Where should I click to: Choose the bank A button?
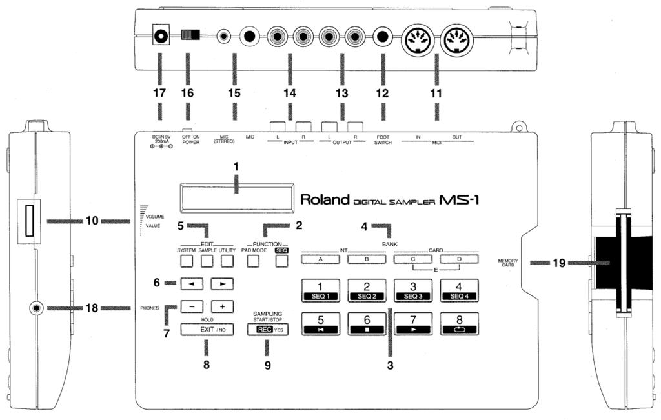(x=320, y=260)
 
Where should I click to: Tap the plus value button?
(x=221, y=306)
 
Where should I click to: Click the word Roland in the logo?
(x=325, y=199)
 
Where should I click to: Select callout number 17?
(x=159, y=94)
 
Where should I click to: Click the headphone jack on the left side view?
(x=36, y=308)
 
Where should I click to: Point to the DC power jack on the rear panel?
(x=159, y=34)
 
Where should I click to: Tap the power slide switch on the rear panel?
(x=191, y=34)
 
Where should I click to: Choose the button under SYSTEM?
(x=186, y=261)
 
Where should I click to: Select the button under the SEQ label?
(x=281, y=261)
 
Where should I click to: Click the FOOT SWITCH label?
(x=383, y=140)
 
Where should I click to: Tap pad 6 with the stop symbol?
(x=367, y=323)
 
